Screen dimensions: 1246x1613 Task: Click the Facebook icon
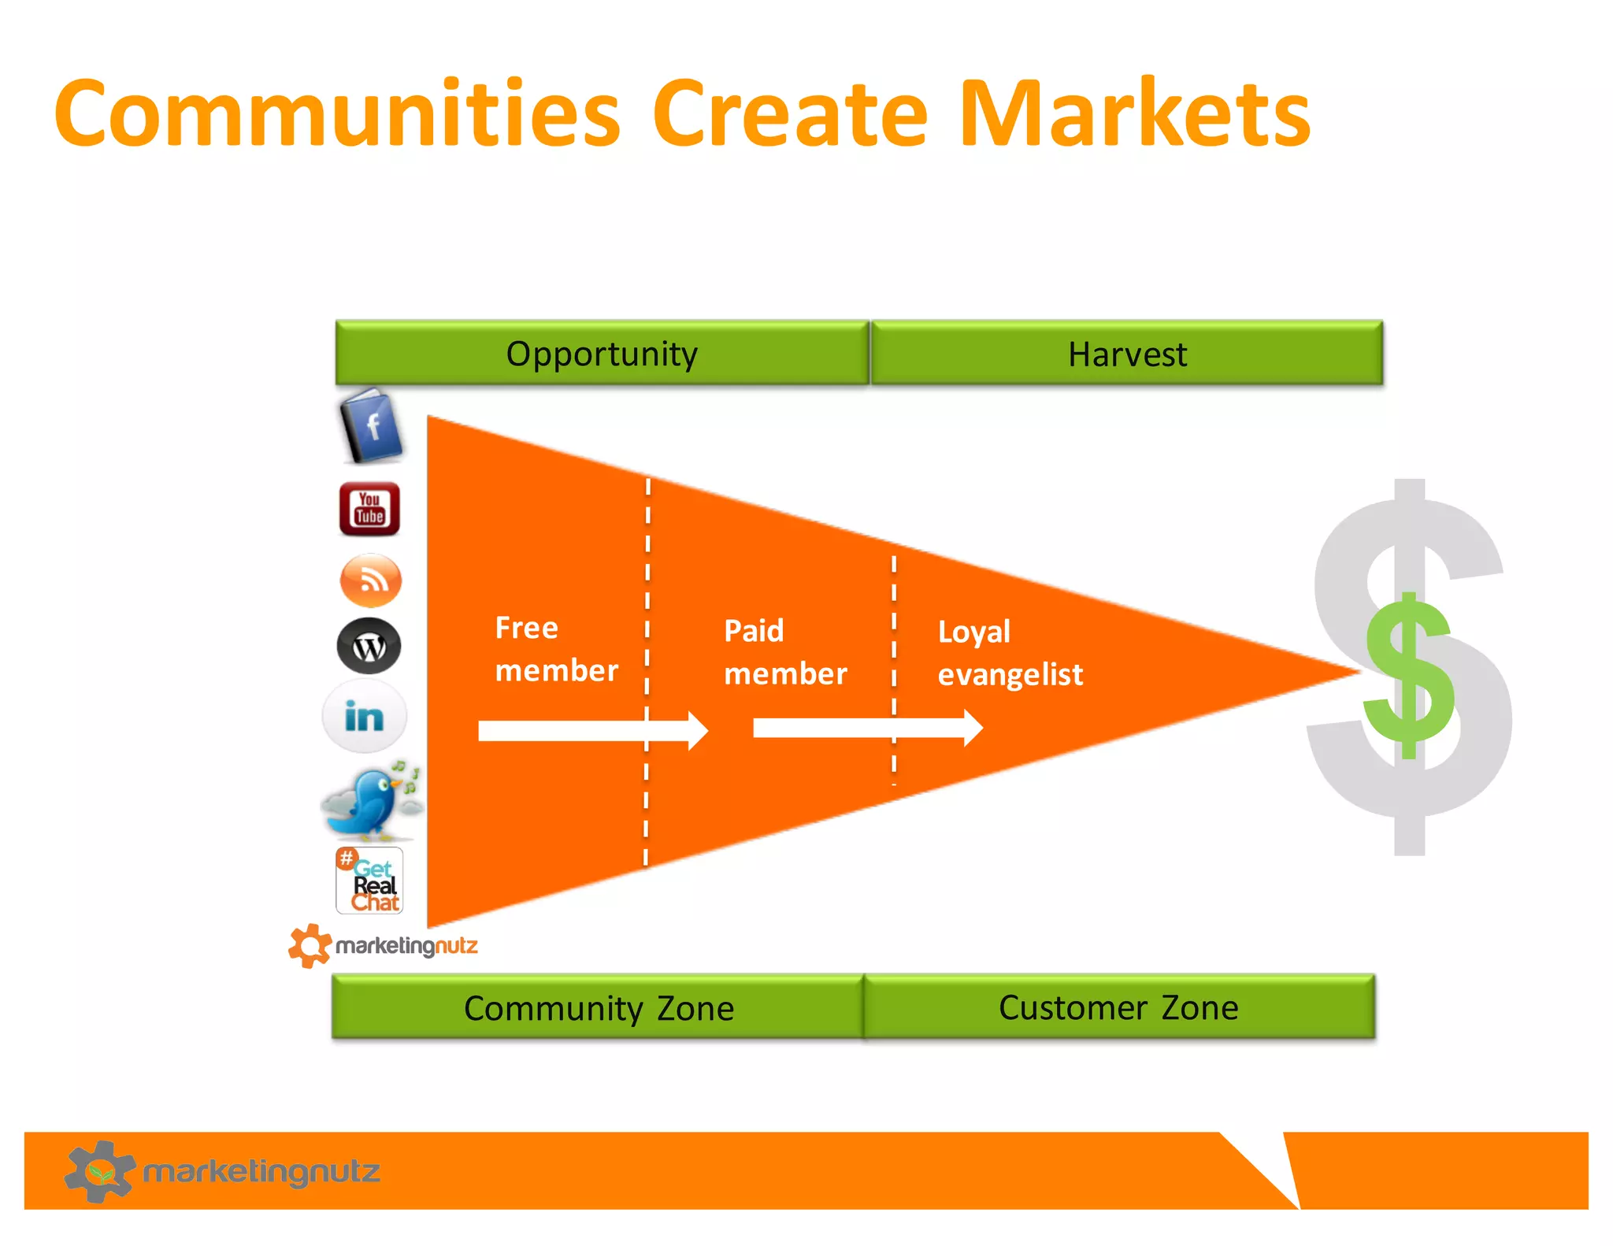click(x=371, y=426)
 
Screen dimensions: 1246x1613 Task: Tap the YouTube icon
click(x=369, y=509)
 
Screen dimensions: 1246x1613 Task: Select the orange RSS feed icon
click(x=370, y=580)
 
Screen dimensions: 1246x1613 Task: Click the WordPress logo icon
click(x=369, y=647)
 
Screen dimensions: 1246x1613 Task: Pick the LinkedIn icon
click(x=365, y=717)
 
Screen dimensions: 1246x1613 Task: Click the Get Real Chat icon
click(x=369, y=881)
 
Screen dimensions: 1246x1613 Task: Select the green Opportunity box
click(x=602, y=354)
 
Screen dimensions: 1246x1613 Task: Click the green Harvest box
click(x=1126, y=354)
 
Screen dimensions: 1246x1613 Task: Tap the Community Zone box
click(x=598, y=1007)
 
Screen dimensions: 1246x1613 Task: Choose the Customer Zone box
click(x=1118, y=1007)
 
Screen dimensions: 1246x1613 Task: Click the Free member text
click(x=556, y=649)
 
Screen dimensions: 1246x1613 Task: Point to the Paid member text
click(x=784, y=652)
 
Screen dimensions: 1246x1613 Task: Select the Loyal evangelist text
click(x=1010, y=653)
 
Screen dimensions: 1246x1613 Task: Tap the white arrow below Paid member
click(x=866, y=728)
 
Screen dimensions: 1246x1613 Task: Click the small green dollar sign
click(x=1409, y=676)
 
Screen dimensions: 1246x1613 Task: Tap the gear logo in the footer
click(x=99, y=1171)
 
